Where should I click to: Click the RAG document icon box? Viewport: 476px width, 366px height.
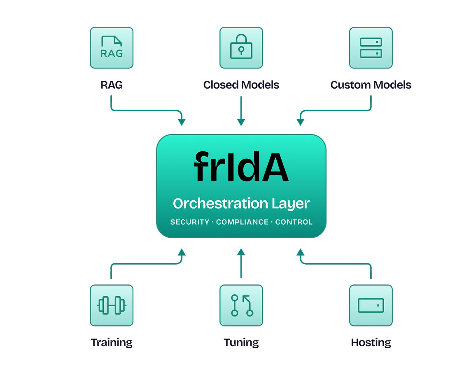click(112, 48)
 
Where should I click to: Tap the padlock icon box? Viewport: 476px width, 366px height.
click(241, 48)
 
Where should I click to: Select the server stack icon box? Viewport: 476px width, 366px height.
click(371, 48)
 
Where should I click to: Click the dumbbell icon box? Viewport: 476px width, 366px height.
click(112, 305)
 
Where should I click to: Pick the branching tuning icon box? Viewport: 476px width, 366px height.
click(241, 305)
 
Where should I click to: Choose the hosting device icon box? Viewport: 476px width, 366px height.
click(371, 305)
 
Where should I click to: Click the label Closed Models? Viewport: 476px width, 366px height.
click(241, 85)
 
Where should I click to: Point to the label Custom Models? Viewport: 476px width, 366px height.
click(371, 85)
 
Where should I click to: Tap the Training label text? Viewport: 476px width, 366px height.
click(112, 343)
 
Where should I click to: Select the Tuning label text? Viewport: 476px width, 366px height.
click(241, 343)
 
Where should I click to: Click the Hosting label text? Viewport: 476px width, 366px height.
click(371, 343)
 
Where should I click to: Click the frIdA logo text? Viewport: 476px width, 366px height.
click(241, 167)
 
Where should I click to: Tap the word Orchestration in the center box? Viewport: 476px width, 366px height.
click(220, 204)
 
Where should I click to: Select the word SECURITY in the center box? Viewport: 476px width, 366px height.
click(190, 222)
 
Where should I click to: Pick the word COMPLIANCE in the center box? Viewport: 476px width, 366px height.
click(242, 222)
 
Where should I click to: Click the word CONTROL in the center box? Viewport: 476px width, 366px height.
click(294, 222)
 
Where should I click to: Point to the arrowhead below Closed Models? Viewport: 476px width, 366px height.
click(241, 122)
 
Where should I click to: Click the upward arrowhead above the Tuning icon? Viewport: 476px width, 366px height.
click(241, 251)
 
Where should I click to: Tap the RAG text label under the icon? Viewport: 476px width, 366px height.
click(112, 85)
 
